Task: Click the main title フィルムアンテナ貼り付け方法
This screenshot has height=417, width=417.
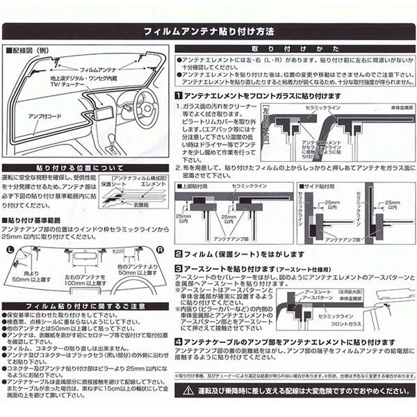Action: (x=208, y=31)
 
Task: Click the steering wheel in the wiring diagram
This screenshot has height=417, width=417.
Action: (x=144, y=111)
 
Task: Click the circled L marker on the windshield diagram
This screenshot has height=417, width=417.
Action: (x=10, y=249)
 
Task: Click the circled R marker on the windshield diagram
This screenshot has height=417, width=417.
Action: (x=161, y=249)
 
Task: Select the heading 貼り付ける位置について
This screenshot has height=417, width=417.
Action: (x=86, y=168)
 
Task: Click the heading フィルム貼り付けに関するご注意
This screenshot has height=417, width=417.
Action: (x=86, y=306)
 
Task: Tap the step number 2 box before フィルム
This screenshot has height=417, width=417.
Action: (x=179, y=254)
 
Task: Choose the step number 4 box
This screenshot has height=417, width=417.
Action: (x=179, y=341)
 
